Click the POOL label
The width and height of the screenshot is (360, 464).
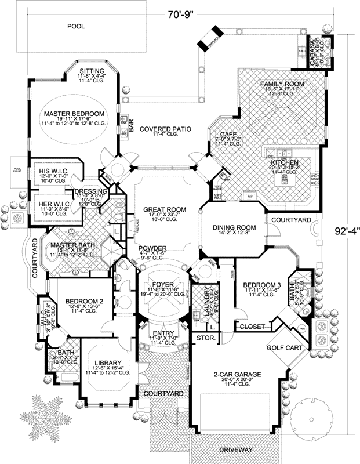pyautogui.click(x=76, y=26)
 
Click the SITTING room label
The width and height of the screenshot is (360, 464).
pyautogui.click(x=93, y=71)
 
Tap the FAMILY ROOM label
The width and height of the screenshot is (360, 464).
pyautogui.click(x=282, y=84)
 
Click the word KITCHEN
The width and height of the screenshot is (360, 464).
pyautogui.click(x=285, y=164)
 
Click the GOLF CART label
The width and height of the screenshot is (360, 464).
pyautogui.click(x=285, y=349)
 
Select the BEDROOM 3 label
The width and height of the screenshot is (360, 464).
pyautogui.click(x=259, y=284)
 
